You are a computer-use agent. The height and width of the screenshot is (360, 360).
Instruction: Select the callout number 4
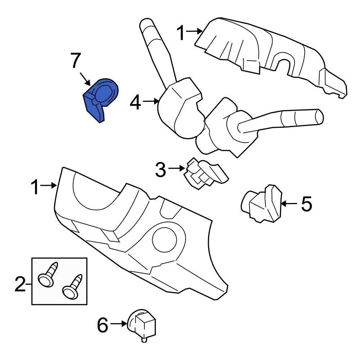pyautogui.click(x=135, y=103)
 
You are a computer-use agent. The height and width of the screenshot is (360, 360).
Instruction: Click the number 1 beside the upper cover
pyautogui.click(x=181, y=33)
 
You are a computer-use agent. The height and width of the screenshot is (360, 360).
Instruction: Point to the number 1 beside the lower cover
pyautogui.click(x=35, y=188)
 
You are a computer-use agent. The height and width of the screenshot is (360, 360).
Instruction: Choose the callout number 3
pyautogui.click(x=161, y=170)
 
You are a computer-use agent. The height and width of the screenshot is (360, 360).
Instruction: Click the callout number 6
pyautogui.click(x=103, y=326)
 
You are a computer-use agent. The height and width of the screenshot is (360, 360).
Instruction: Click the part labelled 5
pyautogui.click(x=262, y=205)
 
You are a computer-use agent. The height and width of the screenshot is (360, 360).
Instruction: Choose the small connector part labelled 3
pyautogui.click(x=204, y=173)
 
